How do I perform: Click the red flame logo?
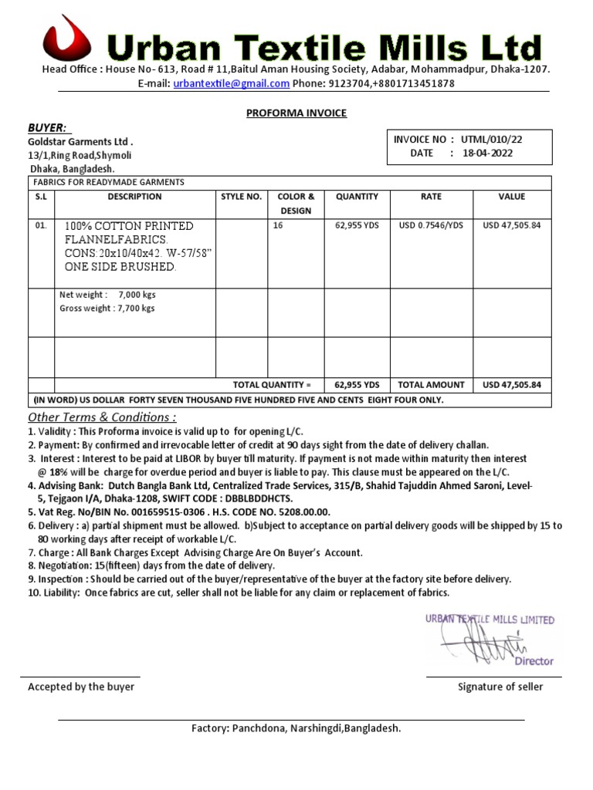click(67, 42)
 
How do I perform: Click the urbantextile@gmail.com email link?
click(232, 83)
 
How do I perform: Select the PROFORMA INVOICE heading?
click(296, 113)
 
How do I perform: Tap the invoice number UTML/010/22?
click(492, 140)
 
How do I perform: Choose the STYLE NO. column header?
click(242, 197)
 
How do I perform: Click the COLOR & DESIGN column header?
click(296, 204)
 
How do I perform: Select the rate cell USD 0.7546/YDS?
click(431, 225)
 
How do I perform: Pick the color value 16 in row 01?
click(279, 225)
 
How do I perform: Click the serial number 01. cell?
click(41, 225)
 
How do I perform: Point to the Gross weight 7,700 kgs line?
click(107, 308)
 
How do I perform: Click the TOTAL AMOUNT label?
click(431, 384)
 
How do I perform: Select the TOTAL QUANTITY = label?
click(272, 384)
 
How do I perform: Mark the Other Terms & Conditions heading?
click(102, 417)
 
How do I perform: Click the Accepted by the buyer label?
click(81, 687)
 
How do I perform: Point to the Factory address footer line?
click(296, 728)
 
